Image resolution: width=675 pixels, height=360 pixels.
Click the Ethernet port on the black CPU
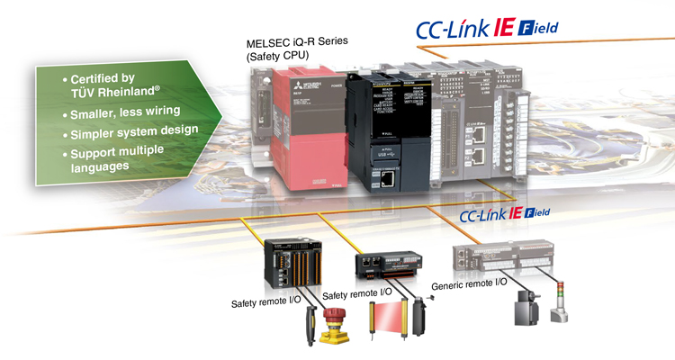(384, 180)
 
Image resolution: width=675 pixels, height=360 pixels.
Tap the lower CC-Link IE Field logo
(504, 216)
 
